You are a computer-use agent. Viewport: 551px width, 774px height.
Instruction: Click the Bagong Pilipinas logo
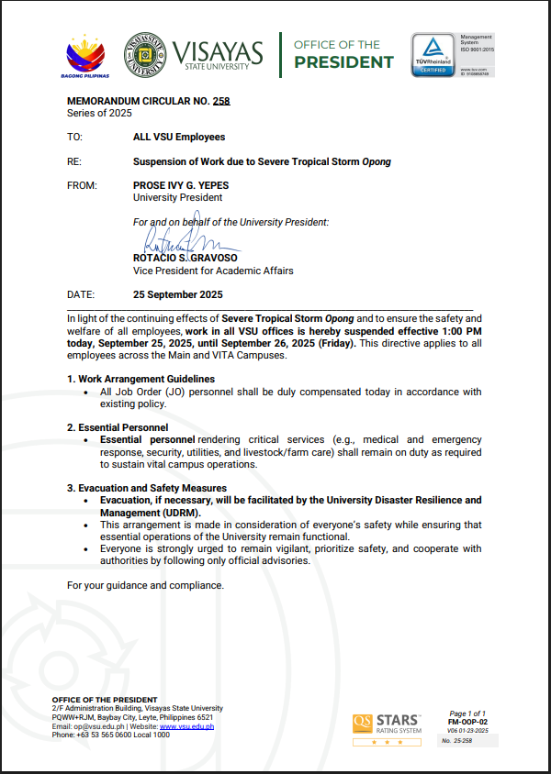pyautogui.click(x=88, y=56)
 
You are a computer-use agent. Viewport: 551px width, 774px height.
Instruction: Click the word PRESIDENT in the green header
pyautogui.click(x=343, y=62)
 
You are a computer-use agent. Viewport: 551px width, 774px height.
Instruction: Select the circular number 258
pyautogui.click(x=220, y=101)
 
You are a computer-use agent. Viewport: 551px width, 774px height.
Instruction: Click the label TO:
pyautogui.click(x=74, y=137)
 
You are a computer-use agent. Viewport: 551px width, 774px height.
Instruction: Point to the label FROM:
pyautogui.click(x=83, y=185)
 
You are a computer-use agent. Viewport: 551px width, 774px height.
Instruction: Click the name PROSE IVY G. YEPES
pyautogui.click(x=181, y=185)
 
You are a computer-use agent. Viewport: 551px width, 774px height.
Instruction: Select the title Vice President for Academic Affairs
pyautogui.click(x=213, y=271)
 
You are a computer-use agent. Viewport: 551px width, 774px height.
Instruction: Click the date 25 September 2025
pyautogui.click(x=178, y=295)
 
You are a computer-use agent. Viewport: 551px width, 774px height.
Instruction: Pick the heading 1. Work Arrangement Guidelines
pyautogui.click(x=141, y=379)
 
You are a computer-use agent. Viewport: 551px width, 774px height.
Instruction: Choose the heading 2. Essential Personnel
pyautogui.click(x=118, y=427)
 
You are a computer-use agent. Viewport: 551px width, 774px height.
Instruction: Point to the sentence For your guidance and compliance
pyautogui.click(x=145, y=585)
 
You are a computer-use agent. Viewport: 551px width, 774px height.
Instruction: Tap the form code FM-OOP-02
pyautogui.click(x=467, y=722)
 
